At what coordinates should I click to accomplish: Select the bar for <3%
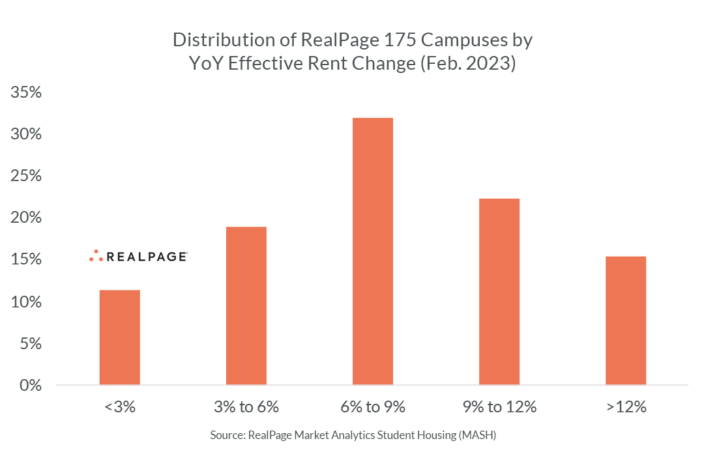click(119, 337)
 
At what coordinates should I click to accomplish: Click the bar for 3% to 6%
click(246, 306)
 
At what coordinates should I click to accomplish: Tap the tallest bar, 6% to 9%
click(372, 251)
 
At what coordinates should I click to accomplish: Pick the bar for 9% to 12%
click(499, 291)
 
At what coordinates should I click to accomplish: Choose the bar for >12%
click(625, 320)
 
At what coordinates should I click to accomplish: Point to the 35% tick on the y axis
click(27, 92)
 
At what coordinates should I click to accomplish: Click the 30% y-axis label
click(27, 134)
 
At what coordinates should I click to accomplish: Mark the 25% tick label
click(27, 176)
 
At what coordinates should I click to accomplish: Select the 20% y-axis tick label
click(27, 218)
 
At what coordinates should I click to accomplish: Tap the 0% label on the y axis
click(31, 385)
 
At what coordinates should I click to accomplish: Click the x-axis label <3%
click(119, 408)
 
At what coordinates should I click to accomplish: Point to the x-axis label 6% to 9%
click(372, 408)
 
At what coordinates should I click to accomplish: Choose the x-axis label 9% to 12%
click(499, 408)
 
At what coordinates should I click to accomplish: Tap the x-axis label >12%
click(625, 408)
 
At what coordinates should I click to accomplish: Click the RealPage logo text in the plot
click(147, 257)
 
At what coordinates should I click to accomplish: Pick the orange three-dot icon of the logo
click(96, 256)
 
